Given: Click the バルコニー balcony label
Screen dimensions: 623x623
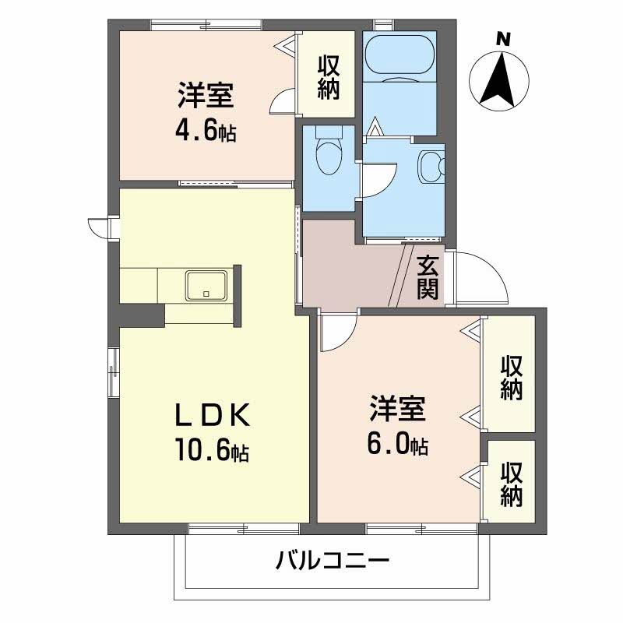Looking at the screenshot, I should point(331,560).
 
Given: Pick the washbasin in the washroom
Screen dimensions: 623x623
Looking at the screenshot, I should point(431,165).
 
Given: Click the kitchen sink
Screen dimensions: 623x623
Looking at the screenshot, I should point(206,285).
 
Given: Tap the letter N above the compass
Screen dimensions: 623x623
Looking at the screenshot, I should point(503,37).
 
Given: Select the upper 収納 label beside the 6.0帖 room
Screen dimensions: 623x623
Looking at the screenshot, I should point(511,377).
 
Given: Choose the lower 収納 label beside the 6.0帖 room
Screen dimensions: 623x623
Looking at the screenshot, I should point(511,484).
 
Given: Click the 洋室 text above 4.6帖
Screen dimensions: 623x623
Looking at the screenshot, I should point(205,97).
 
